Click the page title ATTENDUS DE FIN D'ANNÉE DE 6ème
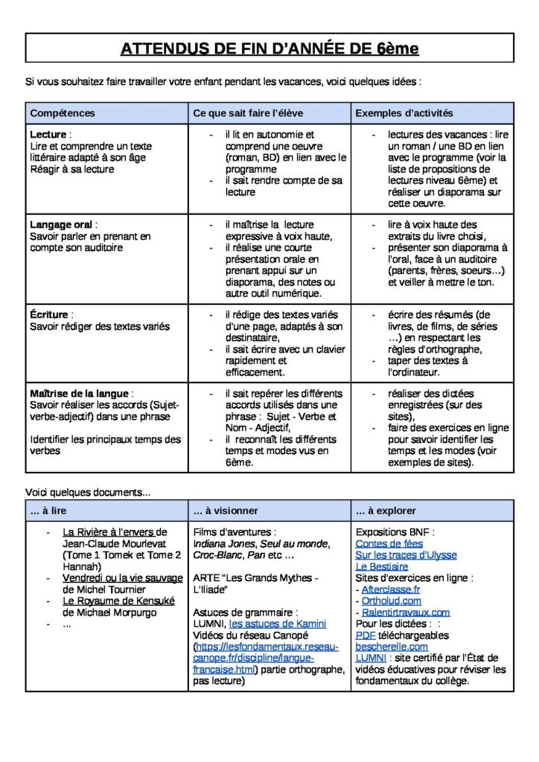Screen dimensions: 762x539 point(269,49)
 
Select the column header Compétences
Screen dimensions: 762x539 point(63,113)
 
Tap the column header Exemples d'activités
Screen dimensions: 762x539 point(404,113)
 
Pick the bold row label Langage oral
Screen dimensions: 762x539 point(63,225)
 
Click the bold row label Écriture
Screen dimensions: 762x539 point(51,315)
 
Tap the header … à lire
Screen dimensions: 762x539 point(49,510)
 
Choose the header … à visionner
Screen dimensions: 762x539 point(226,510)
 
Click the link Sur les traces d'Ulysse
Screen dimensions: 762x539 point(406,555)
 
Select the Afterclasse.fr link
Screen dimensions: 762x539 point(391,589)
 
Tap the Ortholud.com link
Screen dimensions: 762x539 point(391,601)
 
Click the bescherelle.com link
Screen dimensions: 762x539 point(392,647)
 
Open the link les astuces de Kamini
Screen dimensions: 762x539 point(277,624)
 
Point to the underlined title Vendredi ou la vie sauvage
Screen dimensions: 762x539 point(122,578)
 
